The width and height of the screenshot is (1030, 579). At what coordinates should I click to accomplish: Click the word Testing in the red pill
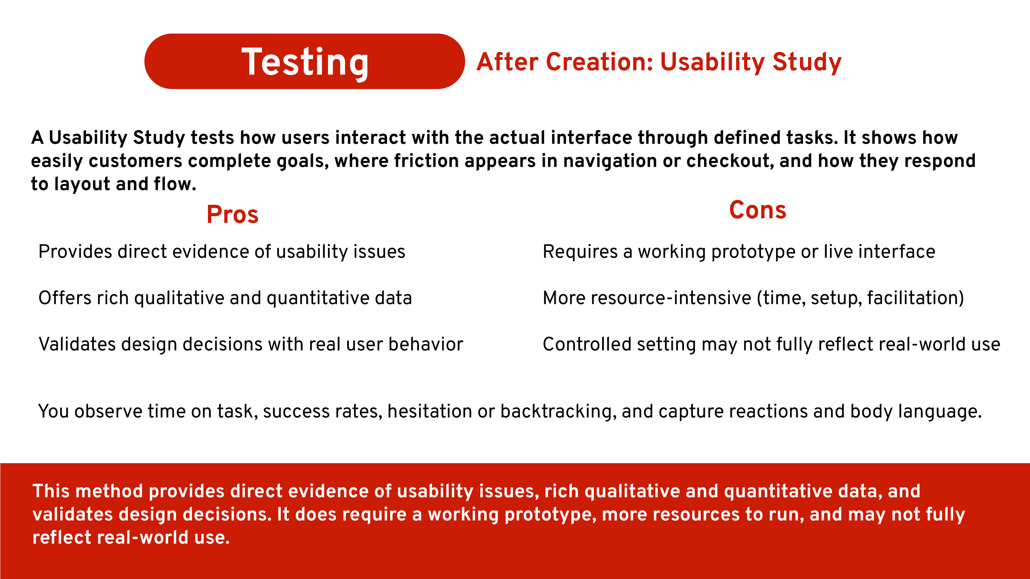point(305,62)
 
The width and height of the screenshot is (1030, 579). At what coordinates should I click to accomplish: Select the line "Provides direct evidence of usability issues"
point(222,252)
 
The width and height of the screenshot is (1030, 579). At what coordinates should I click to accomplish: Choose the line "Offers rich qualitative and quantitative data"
point(225,298)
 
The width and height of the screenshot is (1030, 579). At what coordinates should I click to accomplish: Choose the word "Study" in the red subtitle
point(807,62)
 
